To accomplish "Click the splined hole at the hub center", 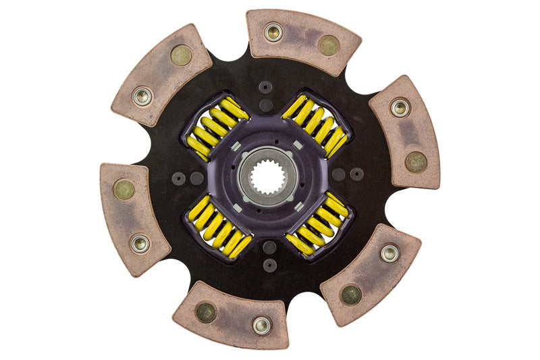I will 268,177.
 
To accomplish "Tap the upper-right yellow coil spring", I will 315,126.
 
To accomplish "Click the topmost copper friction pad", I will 302,40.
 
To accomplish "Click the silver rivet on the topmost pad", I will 273,32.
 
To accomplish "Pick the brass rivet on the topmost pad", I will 329,45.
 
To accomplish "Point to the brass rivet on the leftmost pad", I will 124,189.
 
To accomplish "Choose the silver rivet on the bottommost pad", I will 261,325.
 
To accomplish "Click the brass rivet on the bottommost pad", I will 205,311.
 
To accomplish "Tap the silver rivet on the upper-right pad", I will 400,107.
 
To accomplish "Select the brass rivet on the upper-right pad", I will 415,161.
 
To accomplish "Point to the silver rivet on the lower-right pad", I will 389,253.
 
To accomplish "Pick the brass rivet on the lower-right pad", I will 350,294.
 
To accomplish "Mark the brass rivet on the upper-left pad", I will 181,55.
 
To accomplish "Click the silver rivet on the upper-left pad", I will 142,96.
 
